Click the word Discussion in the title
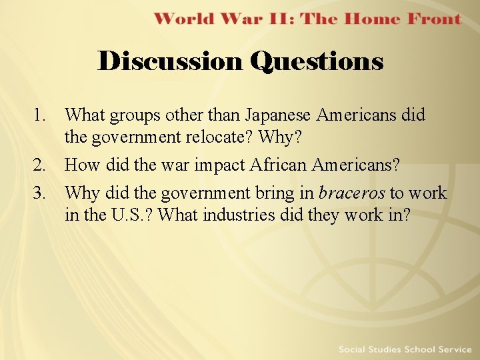tap(171, 61)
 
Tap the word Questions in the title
tap(317, 61)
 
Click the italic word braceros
tap(352, 193)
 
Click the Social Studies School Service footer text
tap(405, 349)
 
